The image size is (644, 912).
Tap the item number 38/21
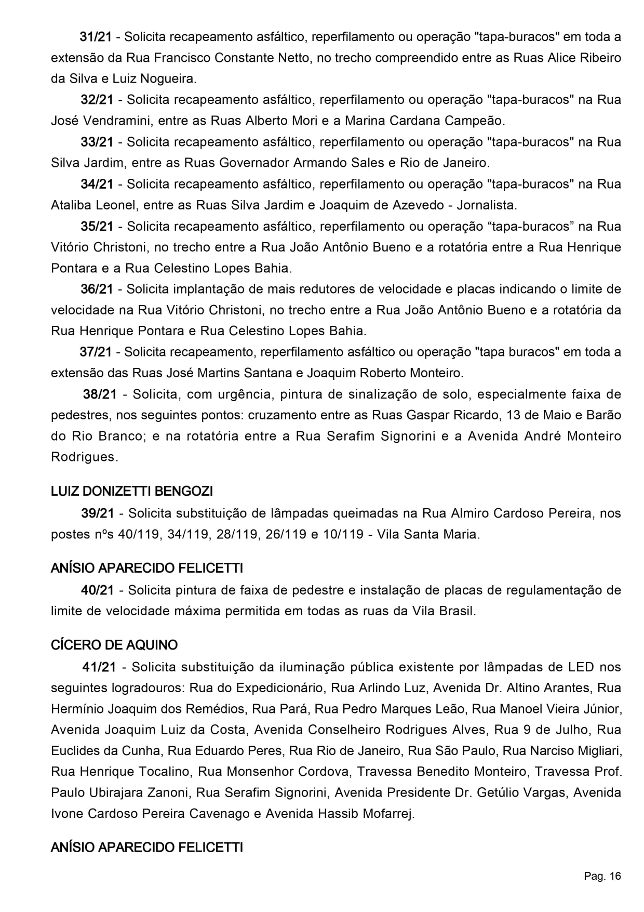point(100,394)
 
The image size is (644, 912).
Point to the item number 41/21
point(99,667)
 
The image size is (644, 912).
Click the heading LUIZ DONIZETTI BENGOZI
point(132,491)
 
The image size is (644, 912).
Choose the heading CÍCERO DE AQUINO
point(114,645)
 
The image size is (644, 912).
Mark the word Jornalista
point(487,205)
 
